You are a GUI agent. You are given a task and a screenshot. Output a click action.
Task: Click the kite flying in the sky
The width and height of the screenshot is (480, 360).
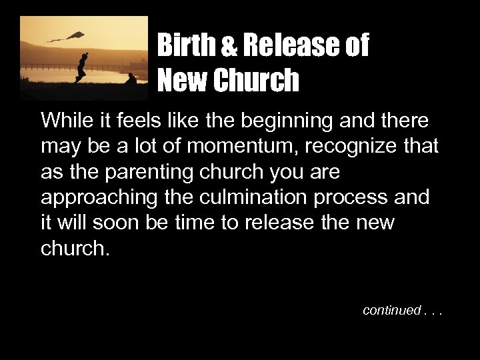pyautogui.click(x=75, y=35)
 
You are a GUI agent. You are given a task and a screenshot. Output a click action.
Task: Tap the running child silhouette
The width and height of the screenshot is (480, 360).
pyautogui.click(x=81, y=67)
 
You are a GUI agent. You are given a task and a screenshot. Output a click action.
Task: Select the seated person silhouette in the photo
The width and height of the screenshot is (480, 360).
pyautogui.click(x=131, y=79)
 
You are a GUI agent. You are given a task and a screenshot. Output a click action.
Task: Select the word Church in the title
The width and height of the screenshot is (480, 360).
pyautogui.click(x=256, y=81)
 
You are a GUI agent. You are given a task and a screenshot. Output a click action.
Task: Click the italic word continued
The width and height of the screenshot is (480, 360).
pyautogui.click(x=391, y=310)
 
